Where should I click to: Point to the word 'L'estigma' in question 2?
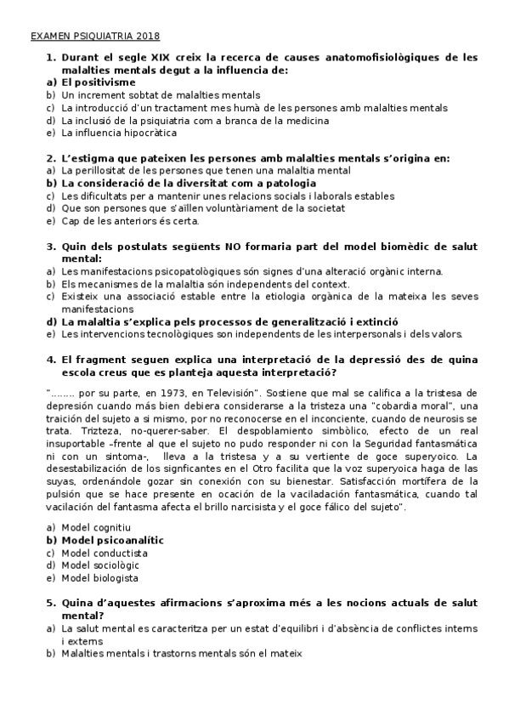[88, 158]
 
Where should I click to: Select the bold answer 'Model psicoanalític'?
[113, 540]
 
